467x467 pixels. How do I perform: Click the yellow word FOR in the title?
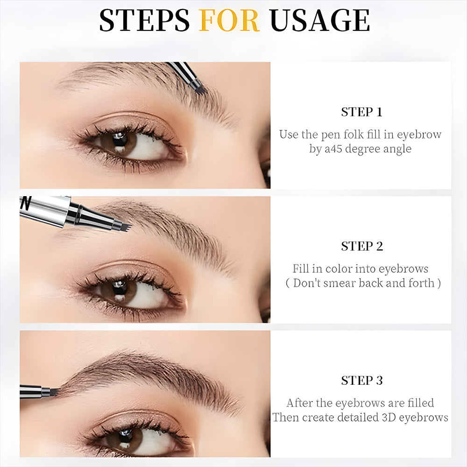pos(229,20)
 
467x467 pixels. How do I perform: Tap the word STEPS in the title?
pos(144,20)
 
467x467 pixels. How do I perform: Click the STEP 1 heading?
pos(361,112)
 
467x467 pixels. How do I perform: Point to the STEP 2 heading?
pos(361,247)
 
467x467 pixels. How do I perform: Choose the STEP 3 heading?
pos(361,381)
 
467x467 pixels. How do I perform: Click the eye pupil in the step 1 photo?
pos(120,139)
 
